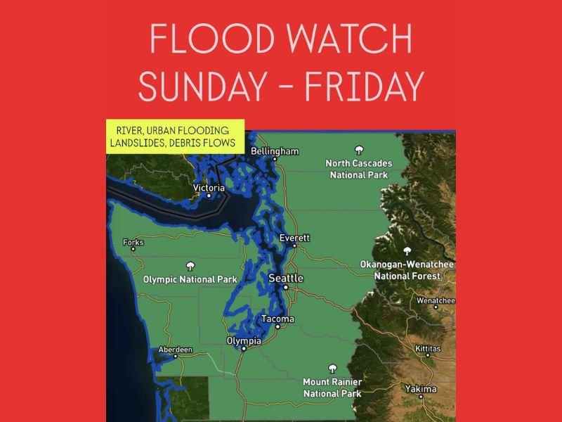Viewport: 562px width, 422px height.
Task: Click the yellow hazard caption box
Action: click(175, 136)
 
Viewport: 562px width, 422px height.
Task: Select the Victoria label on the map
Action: click(209, 188)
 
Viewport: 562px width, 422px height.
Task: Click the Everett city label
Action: click(294, 238)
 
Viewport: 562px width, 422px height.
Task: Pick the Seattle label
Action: click(286, 279)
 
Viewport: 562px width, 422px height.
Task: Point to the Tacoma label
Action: click(277, 319)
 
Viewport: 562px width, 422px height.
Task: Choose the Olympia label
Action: click(244, 341)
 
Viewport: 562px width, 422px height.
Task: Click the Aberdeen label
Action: click(176, 350)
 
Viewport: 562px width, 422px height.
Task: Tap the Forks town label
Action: click(133, 243)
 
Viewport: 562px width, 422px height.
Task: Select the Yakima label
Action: click(421, 389)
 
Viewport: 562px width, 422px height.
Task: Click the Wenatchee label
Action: click(436, 300)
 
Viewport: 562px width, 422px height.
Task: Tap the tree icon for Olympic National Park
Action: click(190, 266)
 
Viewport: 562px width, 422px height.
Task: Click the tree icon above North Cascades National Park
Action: click(359, 150)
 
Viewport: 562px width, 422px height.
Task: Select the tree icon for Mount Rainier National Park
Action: click(332, 369)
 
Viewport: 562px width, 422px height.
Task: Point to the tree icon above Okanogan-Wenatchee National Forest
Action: click(407, 250)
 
